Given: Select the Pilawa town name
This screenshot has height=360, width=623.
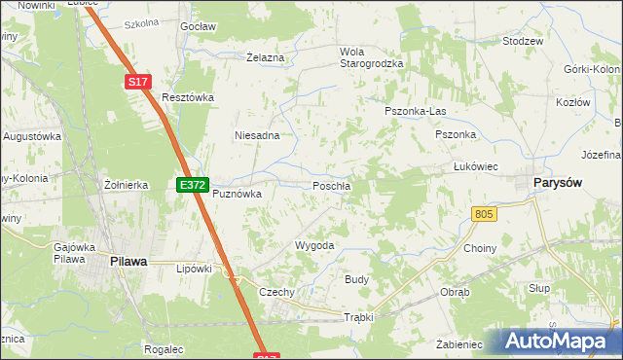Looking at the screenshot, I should (128, 261).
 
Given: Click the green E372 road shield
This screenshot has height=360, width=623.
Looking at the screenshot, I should (192, 184).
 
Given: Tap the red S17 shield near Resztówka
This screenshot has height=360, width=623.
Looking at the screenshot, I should (139, 84).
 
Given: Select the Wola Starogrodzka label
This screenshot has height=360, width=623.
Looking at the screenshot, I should (369, 57).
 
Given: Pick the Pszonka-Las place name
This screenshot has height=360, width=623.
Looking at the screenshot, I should (414, 112).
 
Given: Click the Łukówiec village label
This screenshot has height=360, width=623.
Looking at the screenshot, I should (476, 167).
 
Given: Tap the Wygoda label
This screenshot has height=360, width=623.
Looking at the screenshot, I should (314, 246).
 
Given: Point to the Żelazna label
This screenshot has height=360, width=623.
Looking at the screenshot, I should (266, 58).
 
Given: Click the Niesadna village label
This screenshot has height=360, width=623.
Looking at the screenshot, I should (257, 135).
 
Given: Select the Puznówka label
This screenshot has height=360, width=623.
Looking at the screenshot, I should (238, 194).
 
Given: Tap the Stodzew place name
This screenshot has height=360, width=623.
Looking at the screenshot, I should (523, 43).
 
